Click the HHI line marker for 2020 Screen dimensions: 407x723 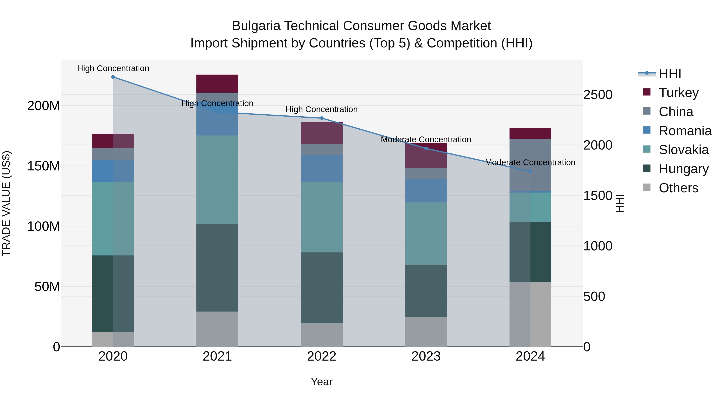click(113, 77)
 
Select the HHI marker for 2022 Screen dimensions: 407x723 click(322, 118)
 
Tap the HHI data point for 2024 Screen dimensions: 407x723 click(530, 171)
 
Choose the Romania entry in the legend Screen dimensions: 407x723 click(685, 131)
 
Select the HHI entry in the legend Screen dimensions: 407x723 click(670, 74)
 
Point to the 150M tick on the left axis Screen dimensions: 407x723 click(44, 166)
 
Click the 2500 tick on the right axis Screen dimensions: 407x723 click(597, 95)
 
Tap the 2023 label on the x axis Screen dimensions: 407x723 click(426, 356)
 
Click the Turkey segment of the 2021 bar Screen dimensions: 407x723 click(217, 83)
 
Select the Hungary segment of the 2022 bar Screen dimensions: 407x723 click(322, 288)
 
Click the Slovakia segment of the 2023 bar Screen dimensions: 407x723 click(426, 233)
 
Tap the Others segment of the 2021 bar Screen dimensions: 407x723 click(217, 329)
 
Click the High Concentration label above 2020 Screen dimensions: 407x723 click(113, 68)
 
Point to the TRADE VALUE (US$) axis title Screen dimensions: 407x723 click(6, 203)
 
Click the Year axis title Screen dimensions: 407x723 click(322, 382)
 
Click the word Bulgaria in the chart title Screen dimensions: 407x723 click(256, 26)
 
